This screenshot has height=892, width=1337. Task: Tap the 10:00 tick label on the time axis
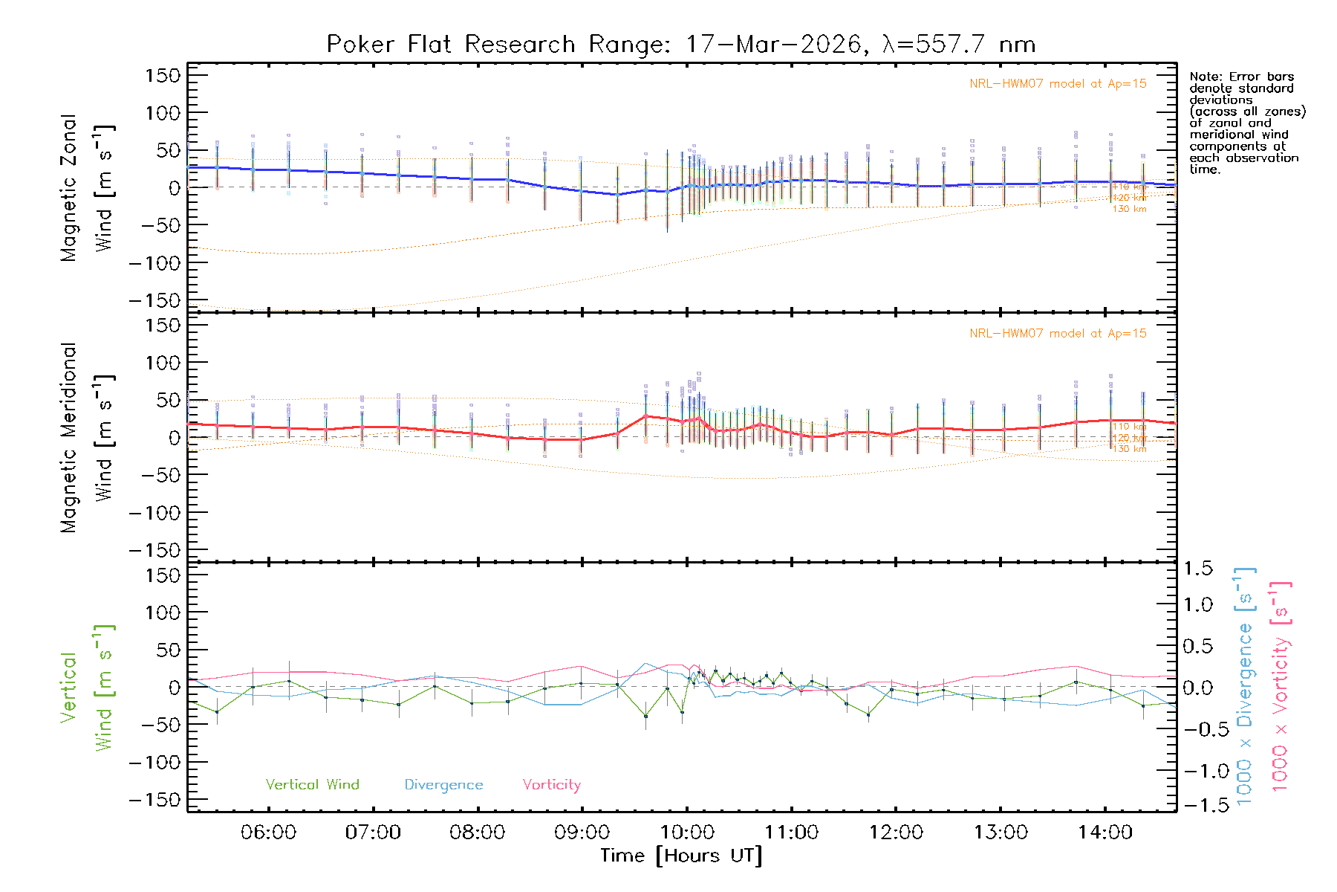tap(686, 833)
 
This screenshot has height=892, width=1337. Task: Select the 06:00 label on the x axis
tap(268, 833)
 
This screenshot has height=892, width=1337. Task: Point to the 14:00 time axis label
tap(1105, 833)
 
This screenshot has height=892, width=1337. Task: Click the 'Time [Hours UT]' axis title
tap(681, 856)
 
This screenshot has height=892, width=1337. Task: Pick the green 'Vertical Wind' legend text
tap(312, 785)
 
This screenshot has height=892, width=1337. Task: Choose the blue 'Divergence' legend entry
tap(443, 785)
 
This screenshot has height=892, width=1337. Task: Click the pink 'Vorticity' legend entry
tap(551, 785)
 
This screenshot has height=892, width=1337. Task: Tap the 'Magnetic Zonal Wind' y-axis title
tap(86, 188)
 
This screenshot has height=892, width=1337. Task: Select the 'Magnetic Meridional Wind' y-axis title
tap(86, 438)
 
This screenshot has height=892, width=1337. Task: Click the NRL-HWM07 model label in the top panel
tap(1058, 84)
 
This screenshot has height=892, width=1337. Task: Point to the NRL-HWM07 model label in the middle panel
tap(1058, 334)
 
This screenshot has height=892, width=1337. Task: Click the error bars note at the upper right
tap(1246, 123)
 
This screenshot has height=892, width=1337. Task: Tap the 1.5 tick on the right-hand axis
tap(1197, 569)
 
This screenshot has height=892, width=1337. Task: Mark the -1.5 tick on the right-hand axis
tap(1197, 805)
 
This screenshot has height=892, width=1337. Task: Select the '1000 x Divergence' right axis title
tap(1245, 687)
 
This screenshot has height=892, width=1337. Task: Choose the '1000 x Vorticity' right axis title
tap(1281, 687)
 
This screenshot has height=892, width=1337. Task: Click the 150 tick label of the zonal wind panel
tap(163, 75)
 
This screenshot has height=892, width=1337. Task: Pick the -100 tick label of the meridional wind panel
tap(154, 513)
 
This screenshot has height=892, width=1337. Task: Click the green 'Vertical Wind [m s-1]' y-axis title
tap(86, 688)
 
